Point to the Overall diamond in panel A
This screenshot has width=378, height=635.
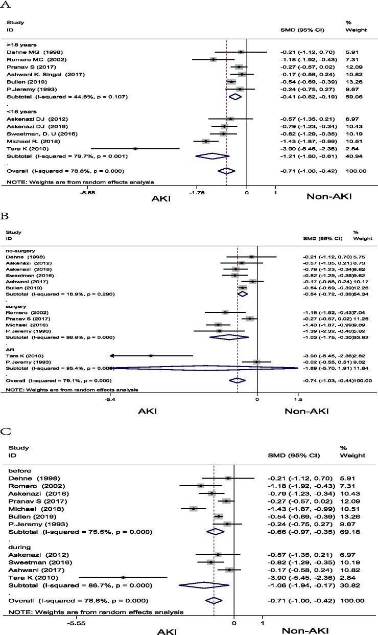point(226,171)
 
